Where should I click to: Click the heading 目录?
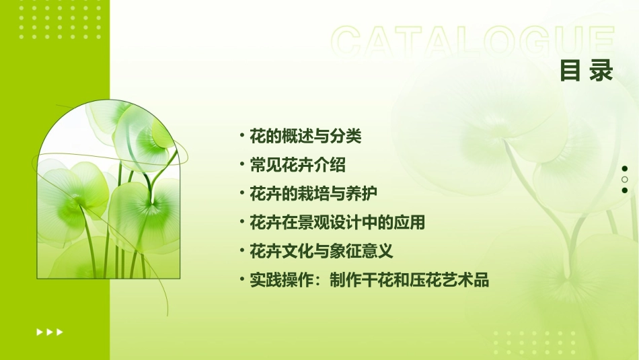point(587,71)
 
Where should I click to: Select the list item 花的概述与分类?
point(305,137)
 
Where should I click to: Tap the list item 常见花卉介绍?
point(297,165)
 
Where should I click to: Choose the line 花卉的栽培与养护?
point(313,194)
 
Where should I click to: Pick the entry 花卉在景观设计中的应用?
point(337,223)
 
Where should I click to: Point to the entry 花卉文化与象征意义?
point(321,252)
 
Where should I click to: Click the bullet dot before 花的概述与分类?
point(241,136)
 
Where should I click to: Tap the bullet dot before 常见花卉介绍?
point(241,164)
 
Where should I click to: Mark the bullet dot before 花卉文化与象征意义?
point(241,251)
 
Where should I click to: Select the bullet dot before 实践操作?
point(241,280)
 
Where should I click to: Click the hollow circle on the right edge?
point(625,180)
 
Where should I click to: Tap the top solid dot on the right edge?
point(625,169)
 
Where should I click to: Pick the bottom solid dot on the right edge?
point(625,190)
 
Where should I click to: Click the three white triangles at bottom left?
point(50,332)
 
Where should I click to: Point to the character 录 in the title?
point(601,71)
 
